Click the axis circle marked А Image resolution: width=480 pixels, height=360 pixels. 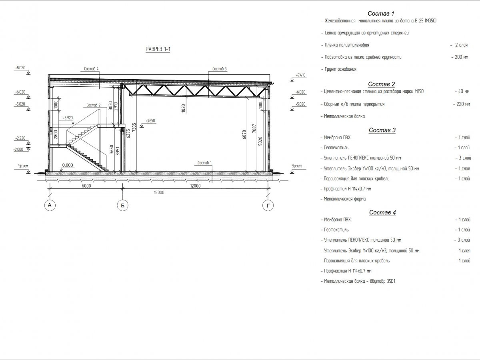(50, 206)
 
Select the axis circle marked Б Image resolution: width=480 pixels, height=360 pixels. (122, 206)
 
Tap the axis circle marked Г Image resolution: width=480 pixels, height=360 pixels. (268, 206)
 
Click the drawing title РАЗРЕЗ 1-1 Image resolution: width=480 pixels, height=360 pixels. (158, 49)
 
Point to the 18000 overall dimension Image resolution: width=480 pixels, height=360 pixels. (159, 192)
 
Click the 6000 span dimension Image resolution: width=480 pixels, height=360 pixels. (86, 186)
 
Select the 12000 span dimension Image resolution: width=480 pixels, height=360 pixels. (195, 186)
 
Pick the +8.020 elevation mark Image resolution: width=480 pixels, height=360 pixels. (20, 68)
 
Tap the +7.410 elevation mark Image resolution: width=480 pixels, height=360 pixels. (301, 75)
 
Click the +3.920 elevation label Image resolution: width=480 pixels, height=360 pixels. (68, 118)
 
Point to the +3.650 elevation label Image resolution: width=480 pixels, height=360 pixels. (150, 120)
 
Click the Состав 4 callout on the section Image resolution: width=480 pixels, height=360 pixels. (92, 69)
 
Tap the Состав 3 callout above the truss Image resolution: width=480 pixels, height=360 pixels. (220, 69)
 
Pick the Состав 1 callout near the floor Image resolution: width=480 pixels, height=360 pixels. (205, 163)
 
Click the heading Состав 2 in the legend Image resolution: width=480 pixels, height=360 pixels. (382, 84)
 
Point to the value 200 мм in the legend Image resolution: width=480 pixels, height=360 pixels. (460, 57)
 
